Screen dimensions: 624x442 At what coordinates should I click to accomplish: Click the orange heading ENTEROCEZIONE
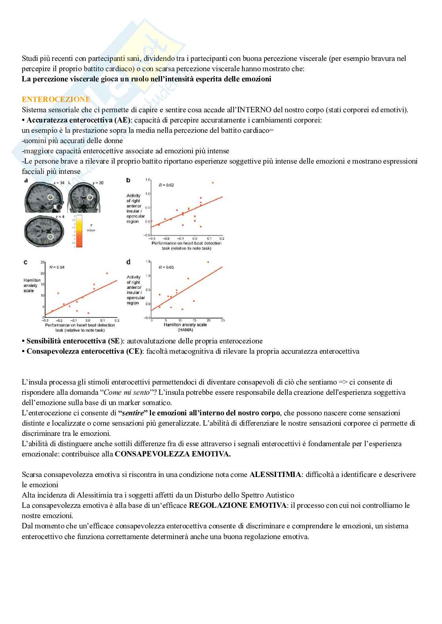56,100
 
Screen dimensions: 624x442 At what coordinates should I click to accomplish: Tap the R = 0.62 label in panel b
166,185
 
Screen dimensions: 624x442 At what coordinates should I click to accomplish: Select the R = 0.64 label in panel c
57,267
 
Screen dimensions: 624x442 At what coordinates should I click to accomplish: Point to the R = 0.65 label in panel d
166,267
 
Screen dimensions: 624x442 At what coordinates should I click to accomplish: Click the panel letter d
128,262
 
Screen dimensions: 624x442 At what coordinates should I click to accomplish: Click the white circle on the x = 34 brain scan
50,197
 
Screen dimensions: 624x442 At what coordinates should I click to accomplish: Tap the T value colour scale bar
79,231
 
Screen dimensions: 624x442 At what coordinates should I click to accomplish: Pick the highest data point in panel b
213,183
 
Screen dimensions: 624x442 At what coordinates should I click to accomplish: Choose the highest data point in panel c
107,273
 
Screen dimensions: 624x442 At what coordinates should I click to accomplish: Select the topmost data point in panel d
208,262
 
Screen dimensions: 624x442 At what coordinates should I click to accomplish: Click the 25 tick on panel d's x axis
223,320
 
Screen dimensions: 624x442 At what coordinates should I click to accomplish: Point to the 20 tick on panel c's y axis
43,273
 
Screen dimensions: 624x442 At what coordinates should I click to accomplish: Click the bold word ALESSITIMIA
275,474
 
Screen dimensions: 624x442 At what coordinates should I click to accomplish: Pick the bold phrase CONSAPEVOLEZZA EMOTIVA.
173,454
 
